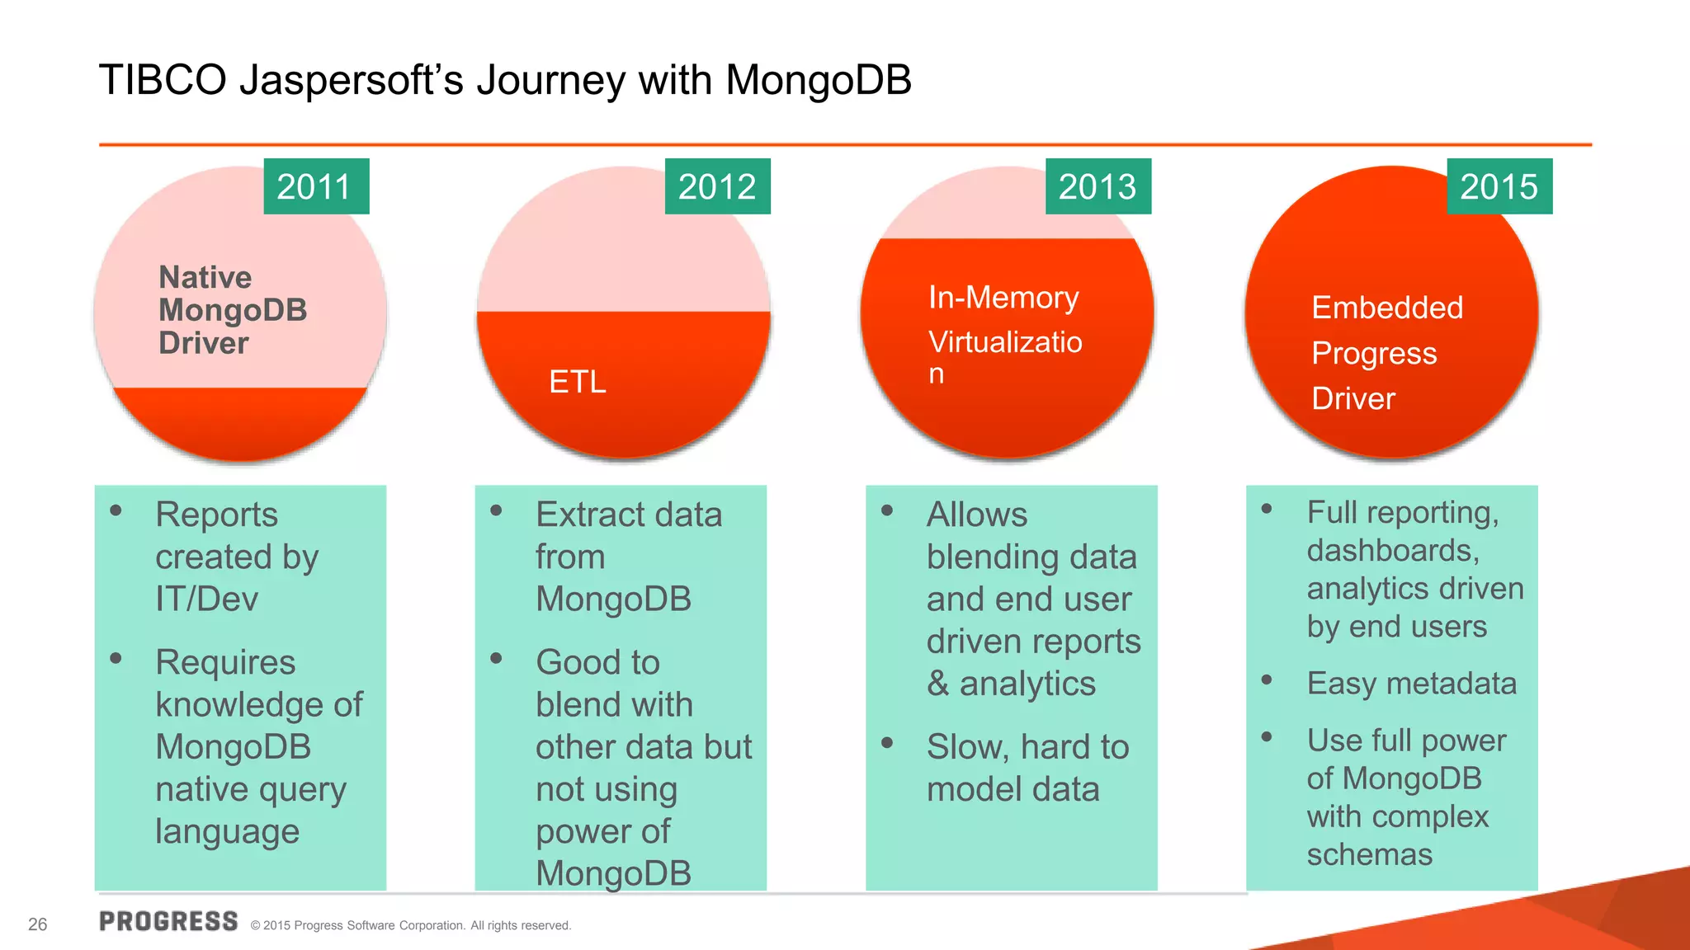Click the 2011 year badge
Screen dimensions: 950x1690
(x=316, y=186)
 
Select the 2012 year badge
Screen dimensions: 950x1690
(x=717, y=186)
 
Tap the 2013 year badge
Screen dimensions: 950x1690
(x=1098, y=186)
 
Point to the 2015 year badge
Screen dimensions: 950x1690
(x=1499, y=186)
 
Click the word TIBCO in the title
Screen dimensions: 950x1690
(x=163, y=81)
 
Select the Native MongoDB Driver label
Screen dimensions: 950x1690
(x=233, y=310)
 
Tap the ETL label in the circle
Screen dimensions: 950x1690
(x=578, y=382)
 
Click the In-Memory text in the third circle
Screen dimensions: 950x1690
(x=1003, y=297)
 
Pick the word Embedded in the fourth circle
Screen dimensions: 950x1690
(x=1386, y=308)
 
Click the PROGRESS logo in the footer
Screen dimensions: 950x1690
(x=168, y=921)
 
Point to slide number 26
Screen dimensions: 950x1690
(x=38, y=924)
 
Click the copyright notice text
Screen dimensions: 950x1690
(x=410, y=925)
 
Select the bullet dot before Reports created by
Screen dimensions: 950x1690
(x=116, y=510)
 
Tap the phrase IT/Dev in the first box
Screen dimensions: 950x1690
(x=206, y=599)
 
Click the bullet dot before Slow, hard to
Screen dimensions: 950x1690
(x=887, y=742)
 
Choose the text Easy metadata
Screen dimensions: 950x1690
(x=1411, y=684)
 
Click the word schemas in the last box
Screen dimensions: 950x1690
(x=1369, y=855)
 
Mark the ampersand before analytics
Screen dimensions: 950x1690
(x=937, y=684)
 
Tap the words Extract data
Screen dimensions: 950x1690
(x=629, y=515)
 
